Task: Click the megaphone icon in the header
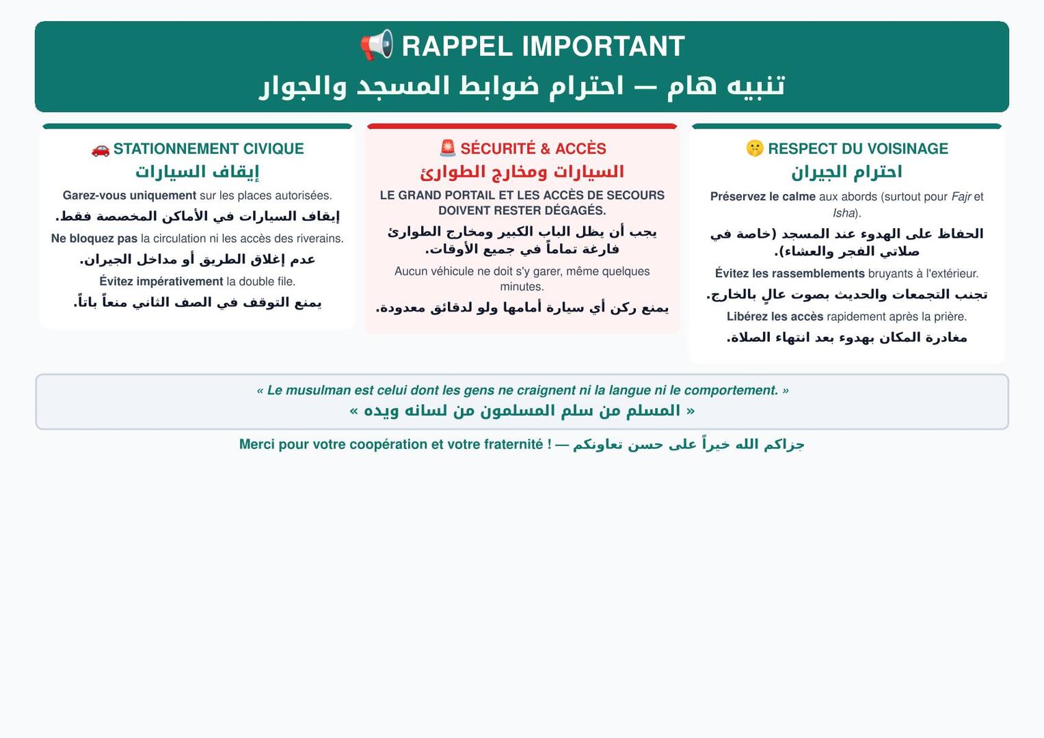pos(377,45)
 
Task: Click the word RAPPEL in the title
pos(457,46)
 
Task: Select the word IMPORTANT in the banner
pos(604,46)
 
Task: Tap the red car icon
pos(101,150)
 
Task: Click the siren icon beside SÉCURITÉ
pos(448,148)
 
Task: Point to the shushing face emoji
pos(755,149)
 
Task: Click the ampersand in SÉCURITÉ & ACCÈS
pos(546,149)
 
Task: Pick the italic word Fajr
pos(961,197)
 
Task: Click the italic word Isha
pos(844,213)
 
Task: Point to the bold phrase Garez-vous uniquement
pos(130,195)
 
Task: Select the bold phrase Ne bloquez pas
pos(94,238)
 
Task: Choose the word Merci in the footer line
pos(257,444)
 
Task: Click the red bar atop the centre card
pos(522,126)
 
